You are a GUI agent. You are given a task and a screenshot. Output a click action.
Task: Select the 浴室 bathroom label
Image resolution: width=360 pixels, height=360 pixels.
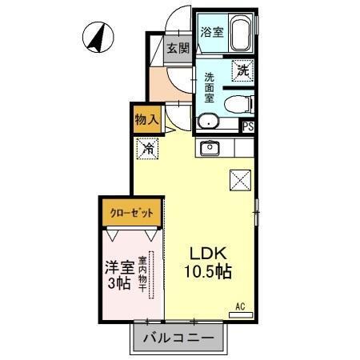pyautogui.click(x=212, y=33)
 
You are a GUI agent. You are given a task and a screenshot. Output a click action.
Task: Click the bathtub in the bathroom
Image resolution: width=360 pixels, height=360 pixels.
pyautogui.click(x=241, y=34)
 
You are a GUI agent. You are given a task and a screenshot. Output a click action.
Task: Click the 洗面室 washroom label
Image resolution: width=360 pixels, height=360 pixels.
pyautogui.click(x=209, y=87)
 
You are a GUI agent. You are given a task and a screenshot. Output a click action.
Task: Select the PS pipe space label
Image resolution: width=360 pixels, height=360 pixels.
pyautogui.click(x=248, y=126)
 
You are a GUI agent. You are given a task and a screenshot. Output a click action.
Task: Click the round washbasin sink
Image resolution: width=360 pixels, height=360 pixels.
pyautogui.click(x=207, y=122)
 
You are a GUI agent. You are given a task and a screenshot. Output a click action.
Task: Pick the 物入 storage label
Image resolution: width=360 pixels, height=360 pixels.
pyautogui.click(x=148, y=119)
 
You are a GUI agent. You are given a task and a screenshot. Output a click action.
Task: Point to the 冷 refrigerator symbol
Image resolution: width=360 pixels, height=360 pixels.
pyautogui.click(x=148, y=147)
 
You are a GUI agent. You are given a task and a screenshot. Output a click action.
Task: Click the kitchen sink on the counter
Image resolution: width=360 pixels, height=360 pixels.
pyautogui.click(x=210, y=147)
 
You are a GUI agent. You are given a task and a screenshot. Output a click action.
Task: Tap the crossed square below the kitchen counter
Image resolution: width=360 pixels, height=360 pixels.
pyautogui.click(x=239, y=181)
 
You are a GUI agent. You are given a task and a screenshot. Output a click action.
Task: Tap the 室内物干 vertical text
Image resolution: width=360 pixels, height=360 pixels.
pyautogui.click(x=142, y=274)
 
